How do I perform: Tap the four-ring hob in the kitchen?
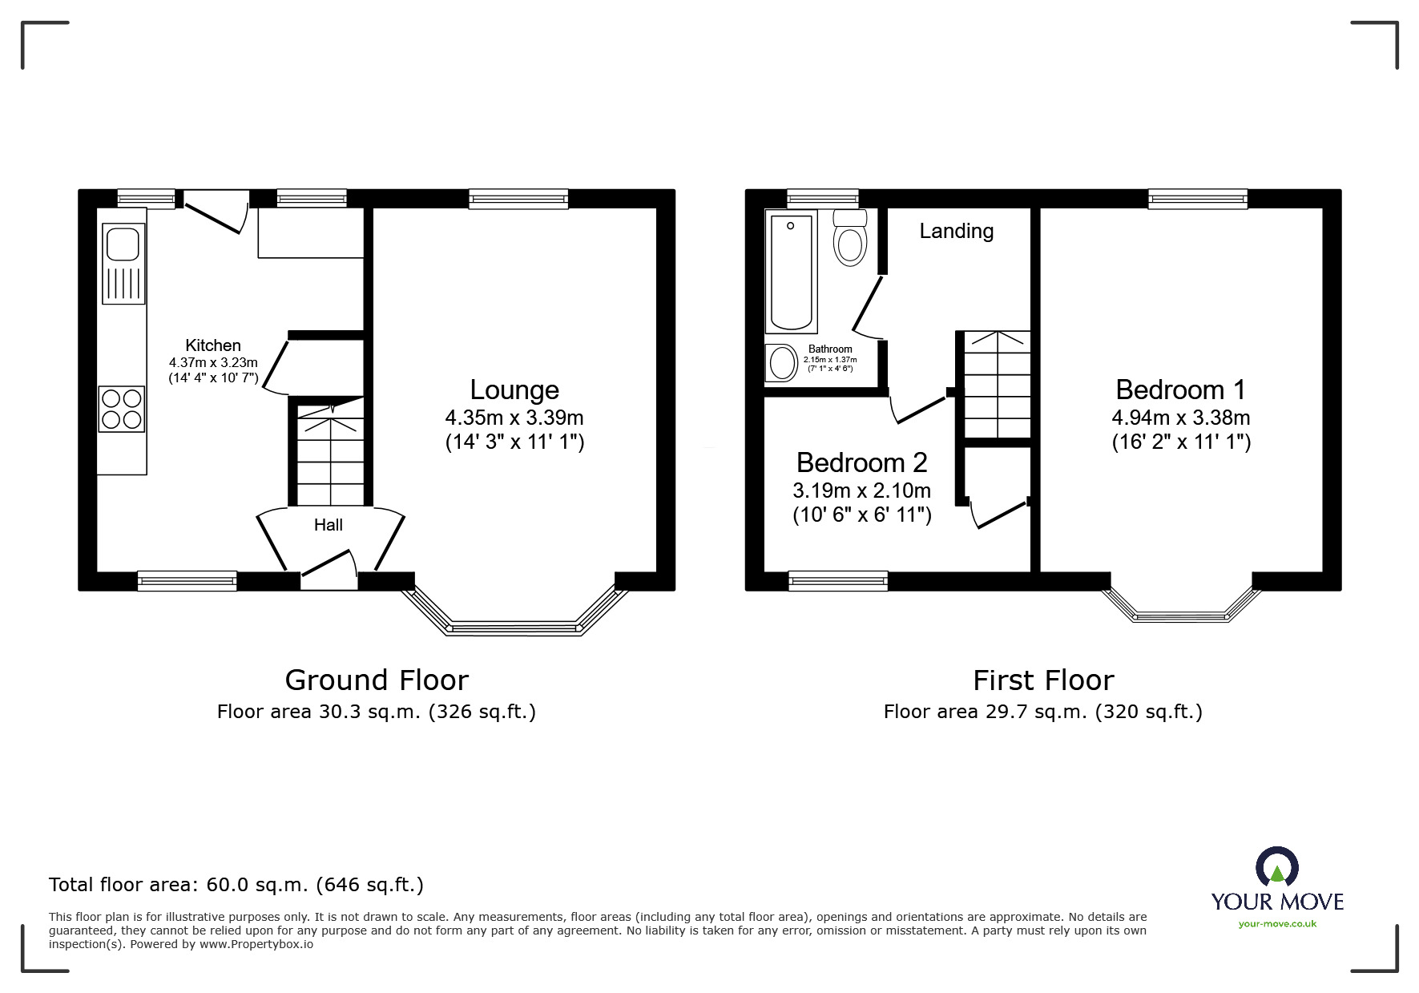(x=122, y=409)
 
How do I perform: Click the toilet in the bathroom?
(x=850, y=239)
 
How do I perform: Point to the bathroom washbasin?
(x=781, y=364)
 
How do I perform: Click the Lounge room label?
(x=514, y=390)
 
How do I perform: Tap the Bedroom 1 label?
(x=1180, y=390)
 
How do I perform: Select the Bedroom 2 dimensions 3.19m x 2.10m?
(x=861, y=490)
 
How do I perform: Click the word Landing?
(x=956, y=232)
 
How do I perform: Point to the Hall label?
(x=329, y=525)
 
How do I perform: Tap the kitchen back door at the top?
(x=213, y=211)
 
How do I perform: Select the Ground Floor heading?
(x=377, y=680)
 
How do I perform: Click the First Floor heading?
(x=1043, y=680)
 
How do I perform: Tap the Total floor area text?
(x=236, y=885)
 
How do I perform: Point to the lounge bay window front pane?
(x=514, y=628)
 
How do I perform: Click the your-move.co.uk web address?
(x=1277, y=924)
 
